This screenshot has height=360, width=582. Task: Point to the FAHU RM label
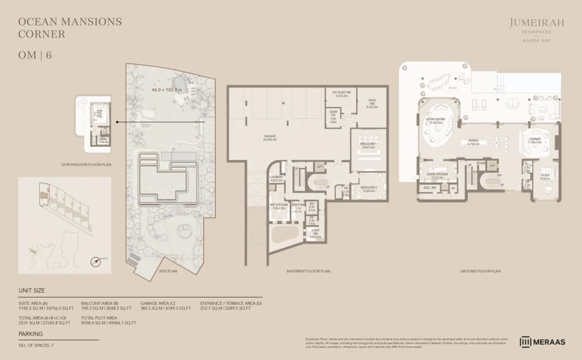(372, 102)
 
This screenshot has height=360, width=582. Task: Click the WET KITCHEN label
(278, 206)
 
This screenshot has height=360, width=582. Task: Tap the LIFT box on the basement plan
(320, 167)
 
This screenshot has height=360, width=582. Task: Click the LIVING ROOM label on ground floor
(436, 121)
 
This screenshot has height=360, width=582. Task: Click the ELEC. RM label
(430, 187)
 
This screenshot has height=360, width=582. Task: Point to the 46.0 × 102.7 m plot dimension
(167, 90)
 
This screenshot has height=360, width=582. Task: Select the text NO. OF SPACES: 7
(37, 345)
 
